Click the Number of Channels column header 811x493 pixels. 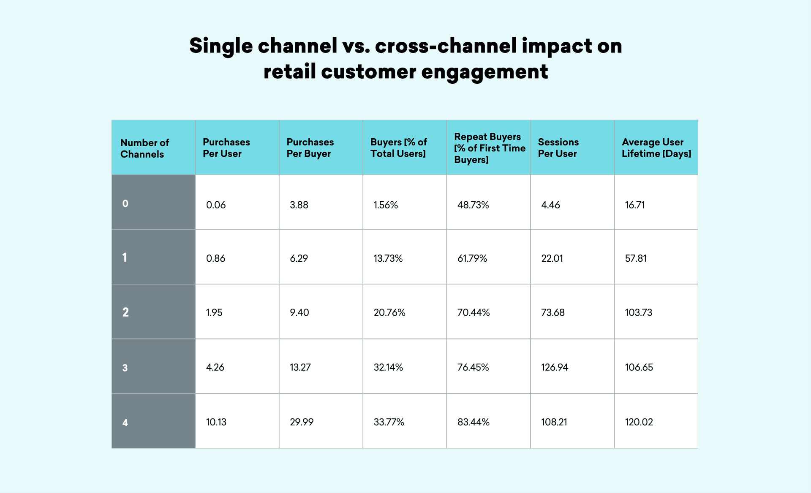[x=144, y=148]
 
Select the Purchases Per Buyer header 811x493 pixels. [x=310, y=148]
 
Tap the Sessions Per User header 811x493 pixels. [x=558, y=148]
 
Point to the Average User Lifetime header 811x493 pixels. [x=656, y=148]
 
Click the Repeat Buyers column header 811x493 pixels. [x=489, y=148]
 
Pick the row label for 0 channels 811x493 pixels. [x=125, y=203]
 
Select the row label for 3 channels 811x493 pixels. [x=125, y=368]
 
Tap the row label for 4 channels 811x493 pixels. [x=125, y=422]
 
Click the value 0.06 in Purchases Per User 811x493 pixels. [x=216, y=205]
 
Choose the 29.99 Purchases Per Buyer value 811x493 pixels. [x=302, y=422]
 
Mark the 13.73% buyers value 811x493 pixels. [x=388, y=258]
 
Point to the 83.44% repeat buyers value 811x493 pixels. [x=473, y=422]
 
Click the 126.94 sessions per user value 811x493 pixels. [x=555, y=367]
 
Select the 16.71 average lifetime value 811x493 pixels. [x=635, y=205]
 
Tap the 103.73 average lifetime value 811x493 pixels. [x=638, y=312]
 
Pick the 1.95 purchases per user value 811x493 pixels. [x=214, y=312]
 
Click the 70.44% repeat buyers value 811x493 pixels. [x=474, y=312]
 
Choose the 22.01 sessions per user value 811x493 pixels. [x=552, y=258]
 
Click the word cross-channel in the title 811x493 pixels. [x=446, y=46]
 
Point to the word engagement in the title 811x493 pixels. [x=484, y=71]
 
